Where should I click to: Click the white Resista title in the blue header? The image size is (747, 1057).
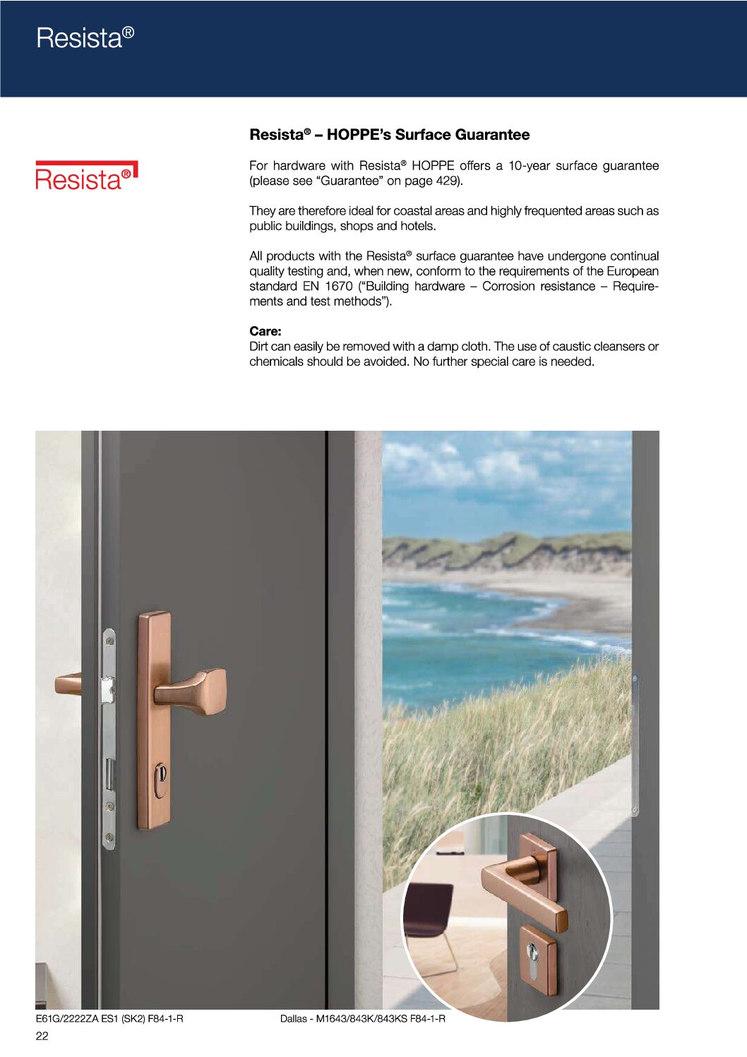tap(85, 38)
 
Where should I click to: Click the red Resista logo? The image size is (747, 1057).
tap(86, 177)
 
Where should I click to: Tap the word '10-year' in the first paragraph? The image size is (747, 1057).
tap(529, 166)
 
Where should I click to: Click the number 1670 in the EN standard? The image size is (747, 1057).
tap(338, 286)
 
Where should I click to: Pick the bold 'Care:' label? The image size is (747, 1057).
tap(265, 331)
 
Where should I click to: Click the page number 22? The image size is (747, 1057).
tap(42, 1036)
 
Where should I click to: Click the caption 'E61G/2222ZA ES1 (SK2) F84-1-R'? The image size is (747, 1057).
tap(109, 1018)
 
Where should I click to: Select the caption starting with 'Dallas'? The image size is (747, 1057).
tap(362, 1018)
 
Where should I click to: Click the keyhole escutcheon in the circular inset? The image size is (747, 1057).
tap(537, 960)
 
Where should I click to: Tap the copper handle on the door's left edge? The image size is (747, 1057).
tap(68, 683)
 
